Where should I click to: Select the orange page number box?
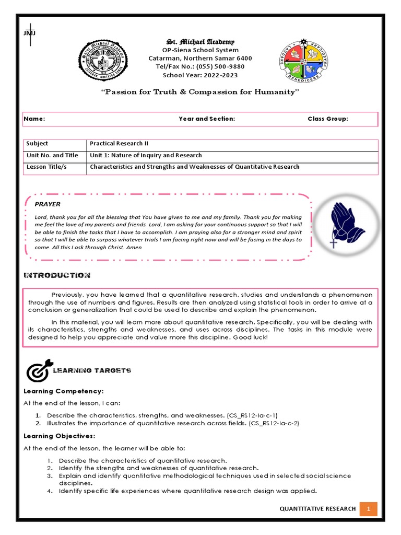[368, 508]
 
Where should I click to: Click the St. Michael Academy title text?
[200, 42]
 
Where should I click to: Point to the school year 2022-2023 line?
[200, 75]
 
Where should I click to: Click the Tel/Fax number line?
[200, 67]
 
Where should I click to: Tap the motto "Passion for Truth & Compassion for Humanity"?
[200, 92]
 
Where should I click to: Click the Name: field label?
[34, 119]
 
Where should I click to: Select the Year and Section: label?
[207, 119]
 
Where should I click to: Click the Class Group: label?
[327, 119]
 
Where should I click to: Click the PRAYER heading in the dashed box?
[48, 204]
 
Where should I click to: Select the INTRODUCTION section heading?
[57, 275]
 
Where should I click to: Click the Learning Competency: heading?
[64, 391]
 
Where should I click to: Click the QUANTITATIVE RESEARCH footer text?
[318, 508]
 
